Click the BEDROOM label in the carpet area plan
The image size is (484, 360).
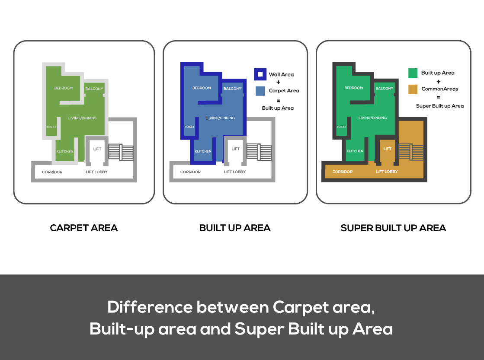pyautogui.click(x=64, y=88)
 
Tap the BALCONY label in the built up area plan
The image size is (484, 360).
pyautogui.click(x=232, y=89)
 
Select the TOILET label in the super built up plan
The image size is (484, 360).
pyautogui.click(x=341, y=127)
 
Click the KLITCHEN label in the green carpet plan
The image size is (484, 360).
pyautogui.click(x=65, y=151)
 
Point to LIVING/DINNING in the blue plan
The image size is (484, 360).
pyautogui.click(x=221, y=118)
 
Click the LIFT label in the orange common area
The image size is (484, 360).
pyautogui.click(x=388, y=149)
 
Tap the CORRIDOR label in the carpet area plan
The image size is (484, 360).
pyautogui.click(x=52, y=172)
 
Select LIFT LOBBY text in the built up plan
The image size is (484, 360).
pyautogui.click(x=235, y=172)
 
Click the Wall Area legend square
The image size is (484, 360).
pyautogui.click(x=260, y=74)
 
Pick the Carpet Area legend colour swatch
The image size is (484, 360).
pyautogui.click(x=260, y=91)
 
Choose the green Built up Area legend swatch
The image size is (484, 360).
pyautogui.click(x=413, y=73)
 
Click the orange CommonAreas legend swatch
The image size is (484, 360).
pyautogui.click(x=413, y=89)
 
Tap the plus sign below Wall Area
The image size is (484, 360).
pyautogui.click(x=279, y=83)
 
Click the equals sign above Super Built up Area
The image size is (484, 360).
pyautogui.click(x=439, y=97)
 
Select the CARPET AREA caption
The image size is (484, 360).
pyautogui.click(x=84, y=228)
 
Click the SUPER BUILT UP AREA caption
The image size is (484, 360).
pyautogui.click(x=393, y=228)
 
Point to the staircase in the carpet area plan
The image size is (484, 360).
pyautogui.click(x=121, y=152)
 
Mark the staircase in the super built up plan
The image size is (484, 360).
pyautogui.click(x=411, y=152)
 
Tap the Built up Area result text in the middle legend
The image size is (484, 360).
pyautogui.click(x=278, y=108)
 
